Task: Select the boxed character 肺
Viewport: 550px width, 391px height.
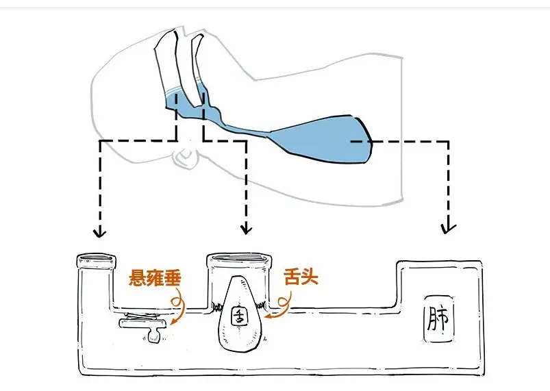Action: [x=439, y=318]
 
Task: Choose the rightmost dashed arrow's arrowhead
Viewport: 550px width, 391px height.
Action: [x=449, y=225]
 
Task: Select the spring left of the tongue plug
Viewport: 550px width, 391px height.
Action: [x=218, y=305]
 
